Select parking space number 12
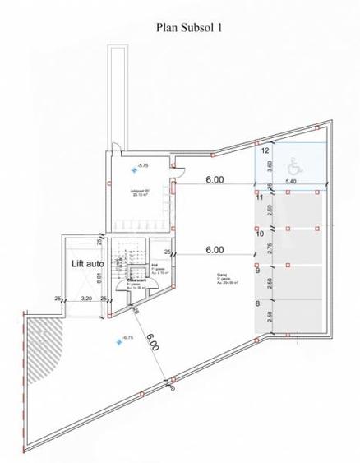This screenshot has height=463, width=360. pos(265,151)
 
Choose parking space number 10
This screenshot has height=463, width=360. pos(259,234)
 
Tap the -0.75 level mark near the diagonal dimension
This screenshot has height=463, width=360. pos(126,338)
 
